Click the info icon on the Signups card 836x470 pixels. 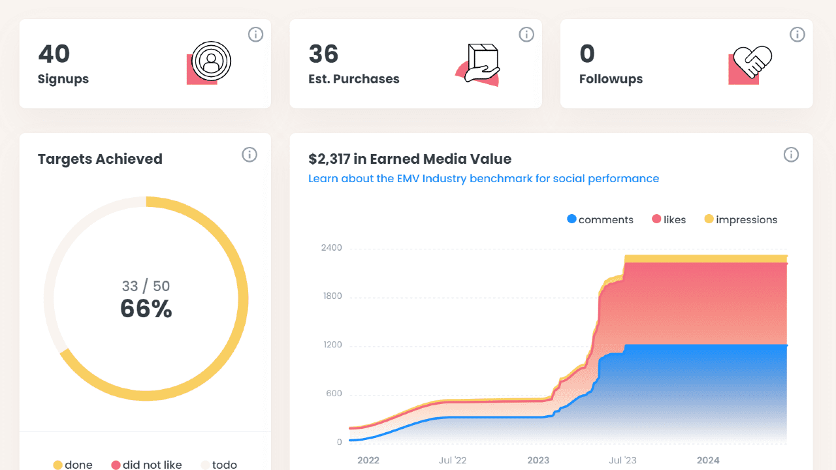255,35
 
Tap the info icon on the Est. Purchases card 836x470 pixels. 526,35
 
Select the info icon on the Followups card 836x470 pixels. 797,35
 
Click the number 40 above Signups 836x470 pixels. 54,54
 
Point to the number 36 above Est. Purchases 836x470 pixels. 323,54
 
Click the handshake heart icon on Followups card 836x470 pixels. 752,63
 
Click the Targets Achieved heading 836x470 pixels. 100,159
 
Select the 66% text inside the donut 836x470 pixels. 146,309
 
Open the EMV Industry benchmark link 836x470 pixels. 483,179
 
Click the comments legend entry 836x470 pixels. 600,220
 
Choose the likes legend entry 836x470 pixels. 669,220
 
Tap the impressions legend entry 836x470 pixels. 741,220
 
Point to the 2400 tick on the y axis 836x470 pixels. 331,248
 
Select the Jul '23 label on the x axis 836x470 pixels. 622,460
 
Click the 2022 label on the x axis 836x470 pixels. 368,460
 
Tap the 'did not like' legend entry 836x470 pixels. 146,465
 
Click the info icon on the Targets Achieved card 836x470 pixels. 249,155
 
